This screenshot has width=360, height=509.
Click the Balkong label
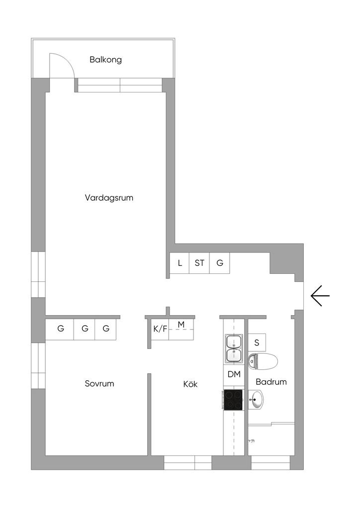(x=105, y=60)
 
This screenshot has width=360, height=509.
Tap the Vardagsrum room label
(x=109, y=197)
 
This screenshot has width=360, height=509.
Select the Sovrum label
(x=99, y=384)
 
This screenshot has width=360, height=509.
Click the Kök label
(x=190, y=384)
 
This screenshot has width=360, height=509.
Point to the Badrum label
(x=271, y=382)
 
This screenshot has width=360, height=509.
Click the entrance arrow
(x=320, y=296)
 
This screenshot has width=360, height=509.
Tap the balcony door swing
(x=63, y=65)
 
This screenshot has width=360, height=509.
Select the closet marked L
(x=180, y=263)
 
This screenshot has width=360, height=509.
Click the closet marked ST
(x=199, y=263)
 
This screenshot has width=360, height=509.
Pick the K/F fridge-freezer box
(x=160, y=329)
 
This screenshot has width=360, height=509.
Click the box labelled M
(x=181, y=325)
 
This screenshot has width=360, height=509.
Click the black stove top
(x=234, y=400)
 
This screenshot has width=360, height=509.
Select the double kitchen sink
(x=234, y=348)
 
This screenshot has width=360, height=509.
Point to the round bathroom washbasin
(x=257, y=399)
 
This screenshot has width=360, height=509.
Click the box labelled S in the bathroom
(x=257, y=342)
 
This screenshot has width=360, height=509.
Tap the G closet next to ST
(x=219, y=263)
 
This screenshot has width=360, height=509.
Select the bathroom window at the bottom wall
(x=270, y=463)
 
